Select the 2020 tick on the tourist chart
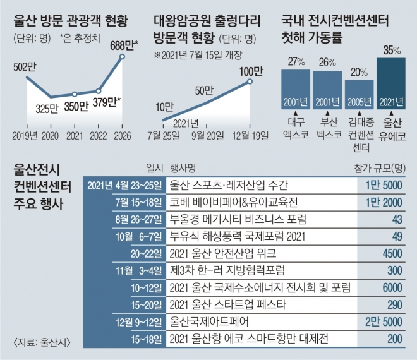click(x=51, y=135)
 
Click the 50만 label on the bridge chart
click(x=204, y=90)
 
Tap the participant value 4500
click(x=392, y=254)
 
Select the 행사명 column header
click(x=182, y=167)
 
